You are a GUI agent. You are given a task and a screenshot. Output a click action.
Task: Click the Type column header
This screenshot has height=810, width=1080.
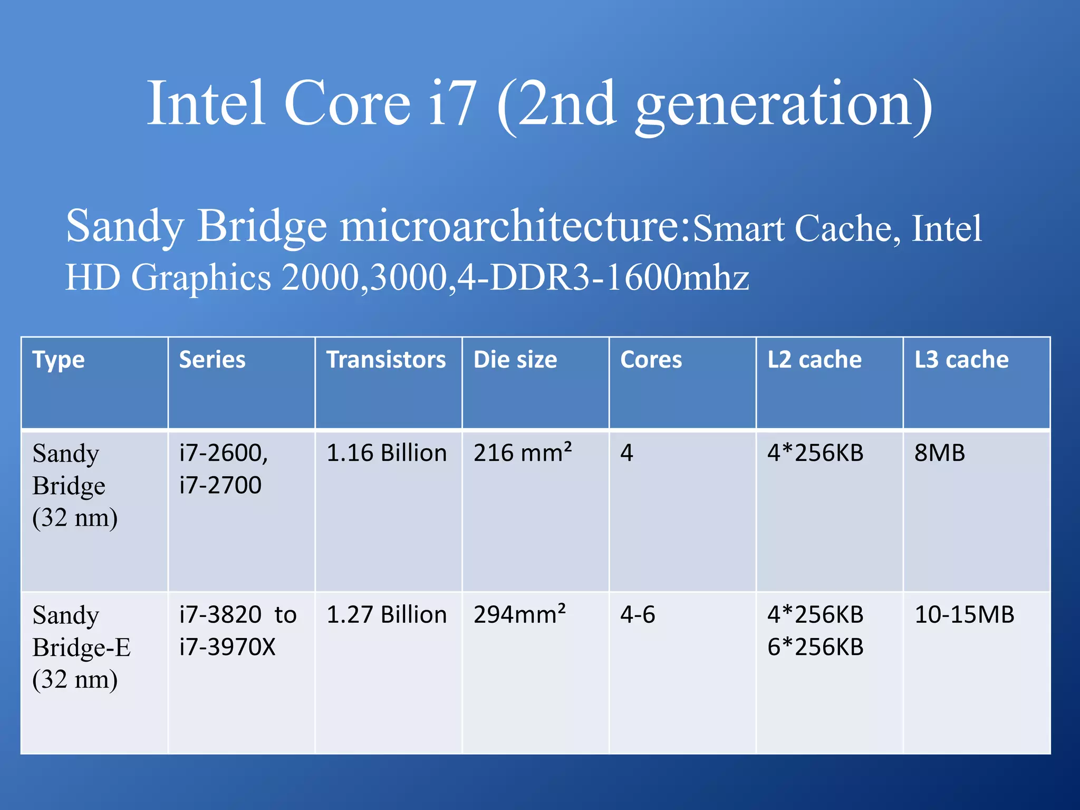pyautogui.click(x=59, y=361)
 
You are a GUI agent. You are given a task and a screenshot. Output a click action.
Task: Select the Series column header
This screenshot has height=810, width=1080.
pyautogui.click(x=212, y=360)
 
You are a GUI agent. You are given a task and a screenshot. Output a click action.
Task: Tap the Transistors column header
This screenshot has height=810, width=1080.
pyautogui.click(x=386, y=360)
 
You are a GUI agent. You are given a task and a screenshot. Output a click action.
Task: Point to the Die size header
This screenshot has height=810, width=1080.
pyautogui.click(x=515, y=360)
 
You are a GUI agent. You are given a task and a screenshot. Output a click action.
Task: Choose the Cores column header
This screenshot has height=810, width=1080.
pyautogui.click(x=651, y=360)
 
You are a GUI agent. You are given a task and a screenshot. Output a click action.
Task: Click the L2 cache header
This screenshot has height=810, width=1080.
pyautogui.click(x=814, y=360)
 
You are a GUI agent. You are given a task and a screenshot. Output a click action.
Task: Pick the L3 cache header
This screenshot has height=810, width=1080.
pyautogui.click(x=961, y=360)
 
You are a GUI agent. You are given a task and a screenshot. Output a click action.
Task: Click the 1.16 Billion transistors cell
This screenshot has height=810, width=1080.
pyautogui.click(x=387, y=453)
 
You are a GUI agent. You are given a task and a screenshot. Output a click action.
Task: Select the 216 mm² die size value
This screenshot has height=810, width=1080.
pyautogui.click(x=522, y=452)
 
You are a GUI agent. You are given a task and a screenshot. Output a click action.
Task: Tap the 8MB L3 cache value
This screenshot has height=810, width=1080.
pyautogui.click(x=939, y=453)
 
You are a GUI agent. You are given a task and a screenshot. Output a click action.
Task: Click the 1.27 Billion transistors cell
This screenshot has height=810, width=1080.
pyautogui.click(x=387, y=615)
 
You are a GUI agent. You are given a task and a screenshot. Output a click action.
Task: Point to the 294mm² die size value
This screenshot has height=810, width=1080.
pyautogui.click(x=519, y=614)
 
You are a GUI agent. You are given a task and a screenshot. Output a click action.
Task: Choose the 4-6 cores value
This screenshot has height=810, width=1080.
pyautogui.click(x=638, y=615)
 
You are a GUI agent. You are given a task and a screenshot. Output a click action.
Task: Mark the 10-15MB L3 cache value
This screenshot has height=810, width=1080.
pyautogui.click(x=964, y=615)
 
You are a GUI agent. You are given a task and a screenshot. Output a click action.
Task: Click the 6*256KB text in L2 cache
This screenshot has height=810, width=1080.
pyautogui.click(x=815, y=647)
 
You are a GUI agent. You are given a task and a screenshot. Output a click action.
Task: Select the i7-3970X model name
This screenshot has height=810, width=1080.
pyautogui.click(x=227, y=647)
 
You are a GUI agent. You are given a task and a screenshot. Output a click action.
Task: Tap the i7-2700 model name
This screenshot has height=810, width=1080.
pyautogui.click(x=220, y=485)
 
